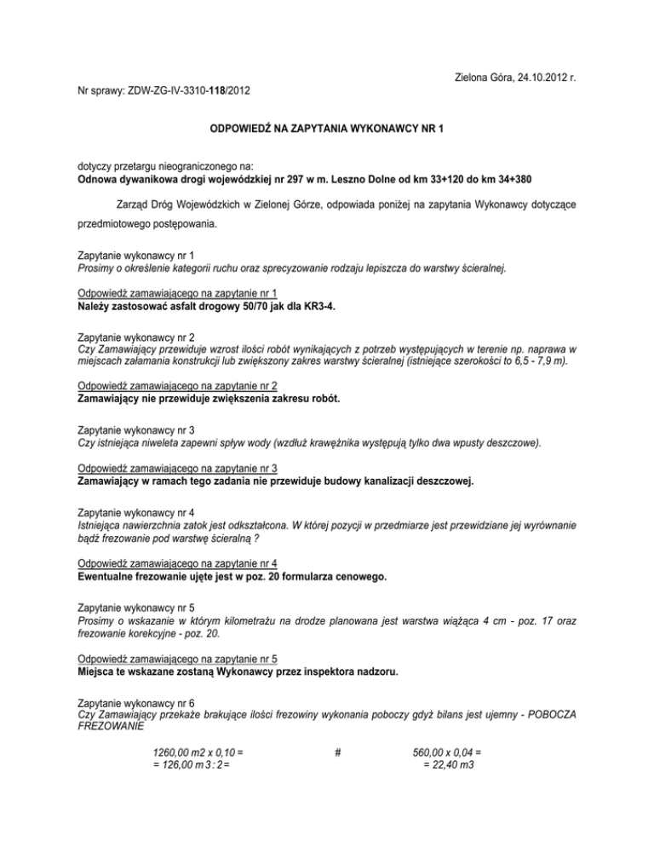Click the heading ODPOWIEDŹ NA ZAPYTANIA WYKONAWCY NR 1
pos(327,129)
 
